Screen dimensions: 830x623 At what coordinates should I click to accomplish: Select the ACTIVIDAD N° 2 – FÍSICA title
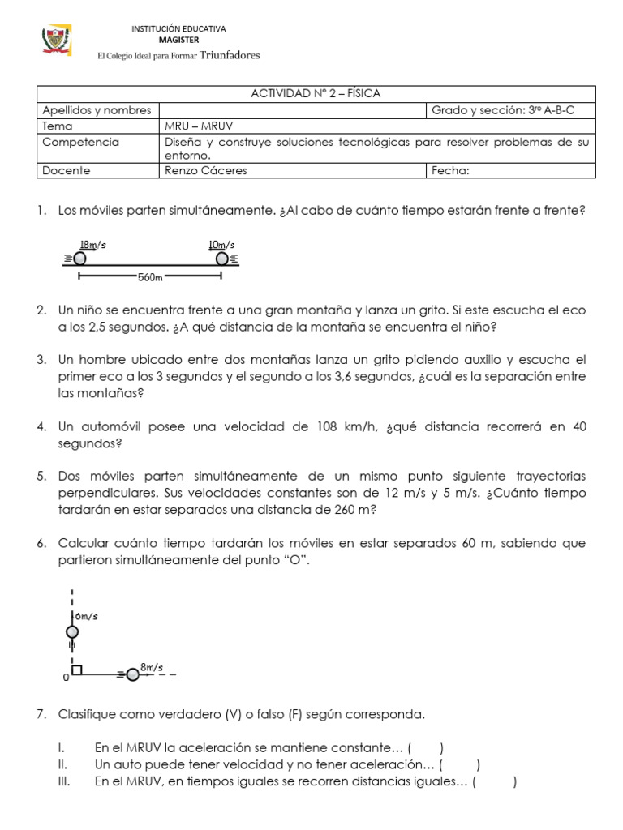pyautogui.click(x=316, y=94)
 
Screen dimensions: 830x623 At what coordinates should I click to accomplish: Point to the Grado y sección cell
pyautogui.click(x=503, y=109)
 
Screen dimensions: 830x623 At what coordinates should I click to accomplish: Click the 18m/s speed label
pyautogui.click(x=92, y=245)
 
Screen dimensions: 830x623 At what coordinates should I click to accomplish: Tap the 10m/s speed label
pyautogui.click(x=221, y=245)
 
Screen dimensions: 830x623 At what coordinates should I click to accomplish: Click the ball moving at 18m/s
pyautogui.click(x=79, y=259)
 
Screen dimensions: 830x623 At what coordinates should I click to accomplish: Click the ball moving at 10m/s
pyautogui.click(x=221, y=259)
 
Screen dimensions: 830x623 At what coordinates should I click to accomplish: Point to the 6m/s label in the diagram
pyautogui.click(x=87, y=617)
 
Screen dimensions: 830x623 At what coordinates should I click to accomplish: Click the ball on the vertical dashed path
pyautogui.click(x=72, y=631)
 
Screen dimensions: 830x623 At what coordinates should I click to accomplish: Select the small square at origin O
pyautogui.click(x=76, y=670)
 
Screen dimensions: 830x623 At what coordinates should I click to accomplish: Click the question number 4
pyautogui.click(x=41, y=426)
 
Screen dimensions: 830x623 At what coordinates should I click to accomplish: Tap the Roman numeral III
pyautogui.click(x=64, y=781)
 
